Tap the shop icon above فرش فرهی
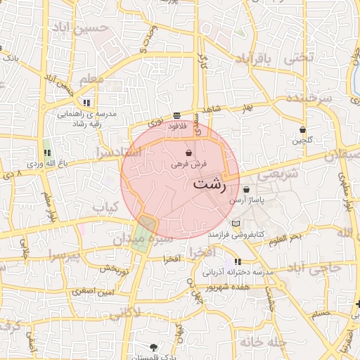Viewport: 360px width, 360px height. click(x=188, y=153)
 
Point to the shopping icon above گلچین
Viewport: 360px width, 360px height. click(x=303, y=129)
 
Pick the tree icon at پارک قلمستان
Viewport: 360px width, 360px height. click(x=153, y=347)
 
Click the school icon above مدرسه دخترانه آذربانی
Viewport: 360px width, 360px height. click(x=238, y=262)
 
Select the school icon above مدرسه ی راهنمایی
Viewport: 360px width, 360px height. click(x=86, y=103)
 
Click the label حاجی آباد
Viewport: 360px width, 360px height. click(x=324, y=267)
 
